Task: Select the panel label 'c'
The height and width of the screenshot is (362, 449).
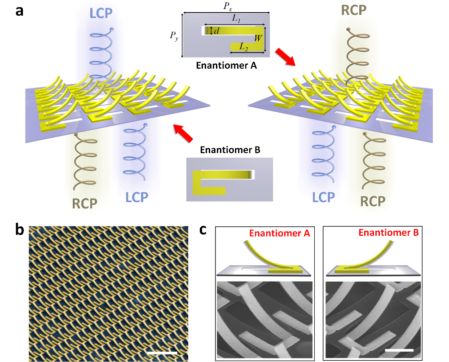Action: click(x=203, y=230)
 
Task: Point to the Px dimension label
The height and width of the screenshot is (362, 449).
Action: click(x=227, y=7)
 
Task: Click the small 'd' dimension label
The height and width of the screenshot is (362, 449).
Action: click(x=216, y=31)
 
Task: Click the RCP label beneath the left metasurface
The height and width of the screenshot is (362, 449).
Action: click(x=84, y=203)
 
